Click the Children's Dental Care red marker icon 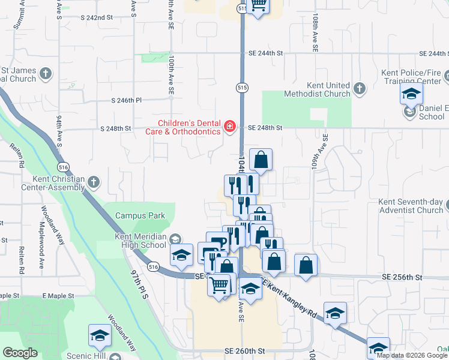click(229, 126)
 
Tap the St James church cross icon click(46, 75)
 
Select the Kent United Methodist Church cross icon click(360, 89)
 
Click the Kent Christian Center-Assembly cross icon click(93, 182)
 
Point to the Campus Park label click(140, 215)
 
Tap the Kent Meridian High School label click(140, 241)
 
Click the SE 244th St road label click(266, 53)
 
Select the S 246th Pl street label click(126, 101)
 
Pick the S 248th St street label click(115, 128)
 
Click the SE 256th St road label click(402, 277)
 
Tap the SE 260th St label click(244, 350)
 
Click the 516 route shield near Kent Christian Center click(62, 166)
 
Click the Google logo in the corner click(20, 353)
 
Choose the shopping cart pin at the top click(258, 5)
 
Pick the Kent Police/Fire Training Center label click(411, 77)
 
